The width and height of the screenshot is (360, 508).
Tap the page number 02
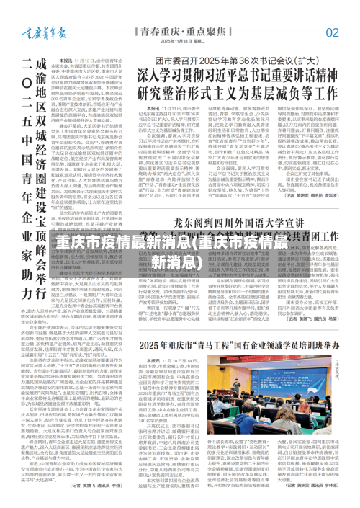[x=332, y=32]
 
